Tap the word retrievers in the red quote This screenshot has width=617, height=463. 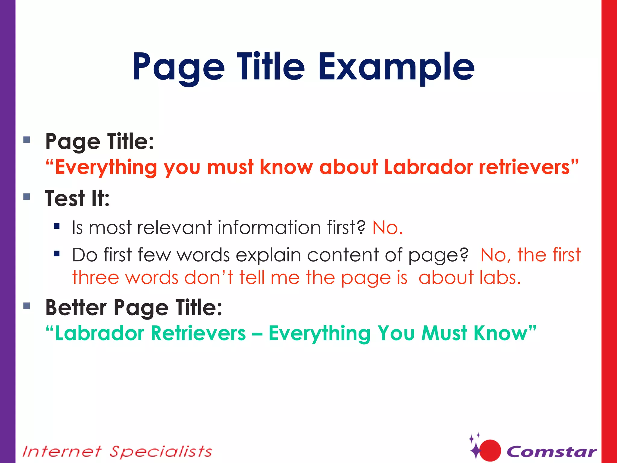[x=524, y=167]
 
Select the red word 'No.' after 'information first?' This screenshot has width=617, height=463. [x=387, y=228]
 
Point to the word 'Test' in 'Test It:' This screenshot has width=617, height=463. [x=65, y=199]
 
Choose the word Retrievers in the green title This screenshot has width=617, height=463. [x=198, y=333]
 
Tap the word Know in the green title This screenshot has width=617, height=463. [x=500, y=333]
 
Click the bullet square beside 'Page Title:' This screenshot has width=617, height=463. [x=27, y=140]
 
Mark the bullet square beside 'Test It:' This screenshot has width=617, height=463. [x=27, y=197]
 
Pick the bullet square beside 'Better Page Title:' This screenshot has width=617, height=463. [x=27, y=306]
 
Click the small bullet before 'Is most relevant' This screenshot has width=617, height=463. [x=57, y=226]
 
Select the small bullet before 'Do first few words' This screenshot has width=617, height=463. [x=57, y=254]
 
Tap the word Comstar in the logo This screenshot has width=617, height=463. [x=551, y=452]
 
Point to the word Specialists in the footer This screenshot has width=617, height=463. [x=161, y=452]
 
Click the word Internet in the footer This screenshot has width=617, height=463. [x=62, y=452]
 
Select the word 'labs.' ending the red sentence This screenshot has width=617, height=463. [x=500, y=278]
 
